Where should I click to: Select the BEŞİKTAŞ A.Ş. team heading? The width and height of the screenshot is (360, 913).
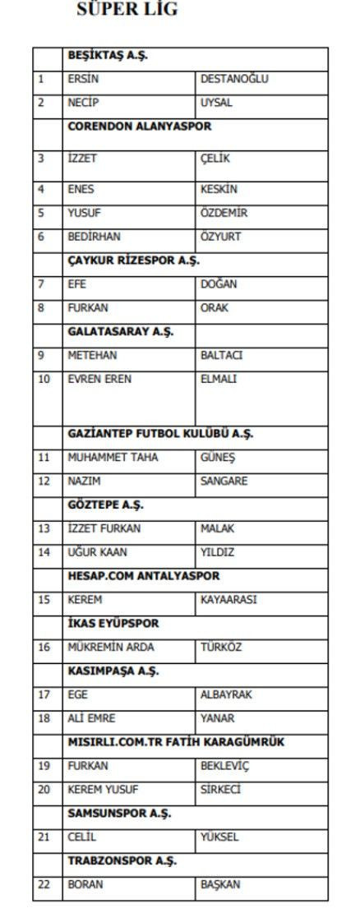[107, 57]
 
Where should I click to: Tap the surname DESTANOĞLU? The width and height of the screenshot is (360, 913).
[234, 80]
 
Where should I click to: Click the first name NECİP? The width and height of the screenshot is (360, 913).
[83, 104]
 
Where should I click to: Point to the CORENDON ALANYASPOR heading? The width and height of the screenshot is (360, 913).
[139, 127]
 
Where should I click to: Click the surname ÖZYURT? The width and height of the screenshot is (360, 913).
[219, 236]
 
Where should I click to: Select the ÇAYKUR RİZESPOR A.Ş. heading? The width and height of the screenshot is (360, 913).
[133, 260]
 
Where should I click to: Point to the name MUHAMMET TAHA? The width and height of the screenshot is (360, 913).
[113, 458]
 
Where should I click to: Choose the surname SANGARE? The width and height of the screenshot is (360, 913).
[224, 482]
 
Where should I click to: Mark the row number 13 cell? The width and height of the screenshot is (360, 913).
[44, 529]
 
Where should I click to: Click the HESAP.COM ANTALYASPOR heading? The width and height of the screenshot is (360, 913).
[143, 576]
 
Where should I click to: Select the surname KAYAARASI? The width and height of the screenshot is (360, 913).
[228, 600]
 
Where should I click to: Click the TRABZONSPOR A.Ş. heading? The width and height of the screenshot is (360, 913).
[121, 862]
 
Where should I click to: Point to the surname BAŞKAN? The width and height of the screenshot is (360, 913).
[219, 886]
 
